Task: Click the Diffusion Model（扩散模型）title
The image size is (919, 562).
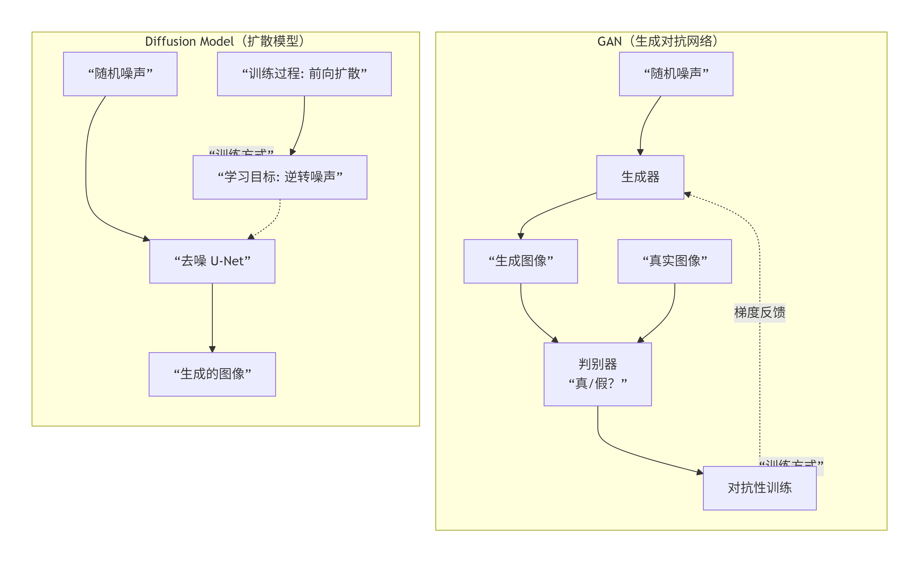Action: coord(225,41)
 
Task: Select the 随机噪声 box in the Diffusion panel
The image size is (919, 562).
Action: coord(120,74)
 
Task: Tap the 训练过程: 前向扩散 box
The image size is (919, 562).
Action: coord(304,74)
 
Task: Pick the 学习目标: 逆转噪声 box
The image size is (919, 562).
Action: coord(280,177)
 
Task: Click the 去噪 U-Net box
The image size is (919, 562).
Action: coord(212,261)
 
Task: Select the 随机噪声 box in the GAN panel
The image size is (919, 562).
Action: coord(676,74)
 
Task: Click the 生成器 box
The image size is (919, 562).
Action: coord(640,177)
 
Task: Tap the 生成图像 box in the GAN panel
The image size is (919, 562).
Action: coord(521,261)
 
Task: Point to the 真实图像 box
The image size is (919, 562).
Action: coord(674,261)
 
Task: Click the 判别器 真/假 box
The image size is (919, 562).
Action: coord(598,374)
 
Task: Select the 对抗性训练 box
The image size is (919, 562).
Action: coord(759,488)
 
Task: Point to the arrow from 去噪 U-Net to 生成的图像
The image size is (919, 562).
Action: coord(212,317)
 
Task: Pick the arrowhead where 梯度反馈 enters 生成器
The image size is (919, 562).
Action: coord(688,194)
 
